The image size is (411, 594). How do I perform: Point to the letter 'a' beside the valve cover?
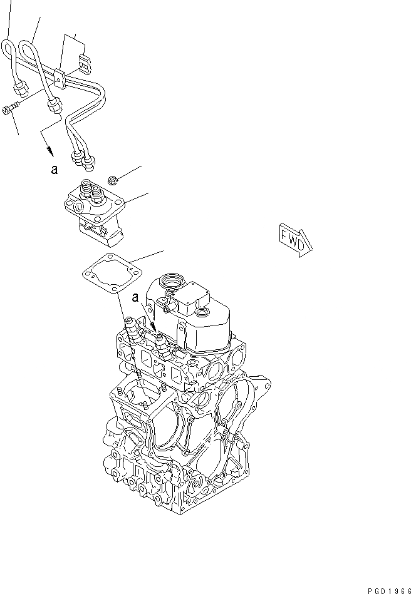pyautogui.click(x=135, y=300)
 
